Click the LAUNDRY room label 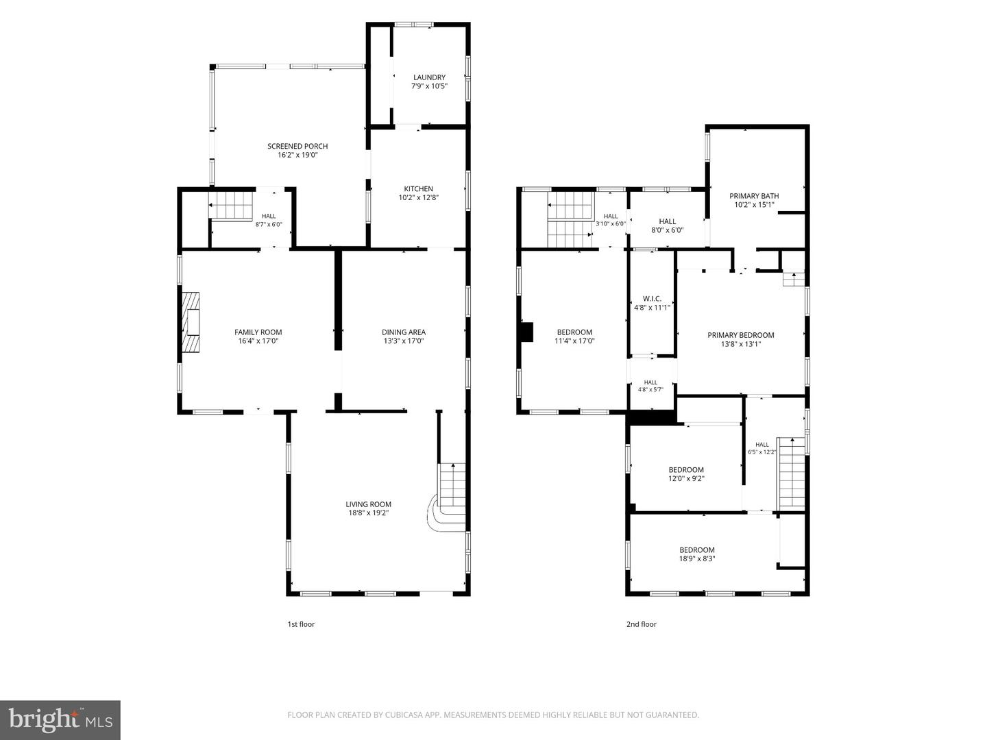429,77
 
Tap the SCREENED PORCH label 297,146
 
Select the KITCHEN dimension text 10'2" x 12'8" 418,197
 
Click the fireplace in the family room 191,322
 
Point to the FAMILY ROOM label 258,332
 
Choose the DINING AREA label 403,332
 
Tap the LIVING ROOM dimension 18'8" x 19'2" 368,513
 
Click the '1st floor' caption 301,624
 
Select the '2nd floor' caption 642,624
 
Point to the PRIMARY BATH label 754,196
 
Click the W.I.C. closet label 652,299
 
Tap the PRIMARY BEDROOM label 740,335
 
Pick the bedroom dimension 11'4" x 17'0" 574,341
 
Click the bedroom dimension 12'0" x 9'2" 685,478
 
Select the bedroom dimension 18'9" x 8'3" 697,559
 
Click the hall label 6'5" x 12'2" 761,452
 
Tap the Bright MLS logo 60,719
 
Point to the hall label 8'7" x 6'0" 269,225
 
